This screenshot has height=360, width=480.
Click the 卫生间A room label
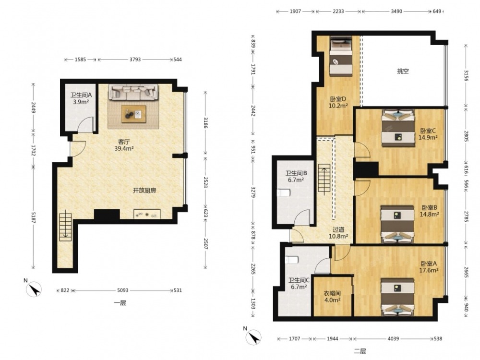[x=81, y=95]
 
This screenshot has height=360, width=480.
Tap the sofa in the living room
[x=133, y=92]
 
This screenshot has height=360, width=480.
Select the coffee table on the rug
[x=133, y=114]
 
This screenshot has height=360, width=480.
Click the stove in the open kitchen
[x=147, y=214]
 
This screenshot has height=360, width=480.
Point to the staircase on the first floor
[x=65, y=227]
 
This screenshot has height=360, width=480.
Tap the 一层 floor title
[x=120, y=303]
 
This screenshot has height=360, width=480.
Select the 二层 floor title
[x=360, y=351]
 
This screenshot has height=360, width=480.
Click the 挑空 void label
[x=403, y=72]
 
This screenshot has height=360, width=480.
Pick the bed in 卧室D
[x=341, y=56]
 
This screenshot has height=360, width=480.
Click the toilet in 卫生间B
[x=284, y=193]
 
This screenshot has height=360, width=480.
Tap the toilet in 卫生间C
[x=291, y=260]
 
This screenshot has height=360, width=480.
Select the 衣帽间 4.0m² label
[x=332, y=297]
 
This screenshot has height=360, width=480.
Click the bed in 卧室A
[x=397, y=297]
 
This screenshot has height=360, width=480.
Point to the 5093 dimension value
[x=123, y=290]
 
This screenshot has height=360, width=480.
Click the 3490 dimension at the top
[x=397, y=12]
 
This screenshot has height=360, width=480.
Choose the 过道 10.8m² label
[x=338, y=233]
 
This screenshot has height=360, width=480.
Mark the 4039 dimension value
[x=394, y=338]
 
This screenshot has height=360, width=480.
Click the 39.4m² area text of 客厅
[x=124, y=148]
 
